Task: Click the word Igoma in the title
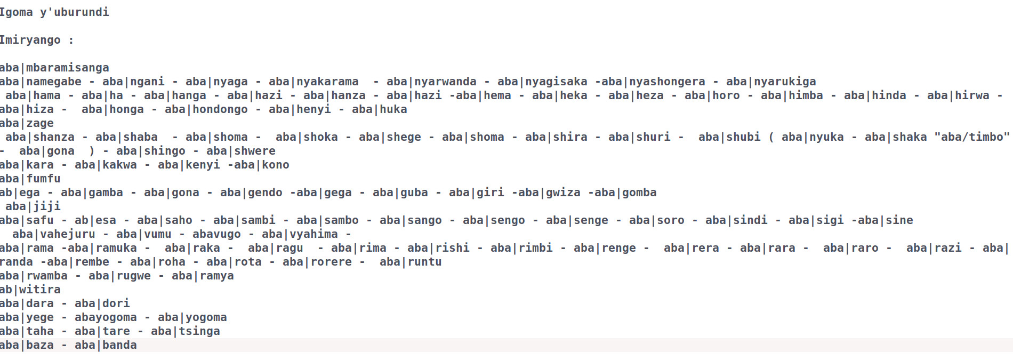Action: coord(16,12)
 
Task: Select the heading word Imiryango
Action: coord(30,40)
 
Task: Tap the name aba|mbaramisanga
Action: coord(54,68)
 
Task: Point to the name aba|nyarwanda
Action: coord(431,82)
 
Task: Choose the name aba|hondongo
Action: coord(206,109)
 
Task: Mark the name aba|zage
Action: coord(27,123)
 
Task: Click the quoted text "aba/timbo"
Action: coord(972,137)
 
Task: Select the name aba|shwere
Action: coord(241,151)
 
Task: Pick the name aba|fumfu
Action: coord(30,179)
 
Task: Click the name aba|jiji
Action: coord(33,206)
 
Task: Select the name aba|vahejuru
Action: coord(54,234)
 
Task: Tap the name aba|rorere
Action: coord(317,262)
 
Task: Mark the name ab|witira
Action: coord(30,290)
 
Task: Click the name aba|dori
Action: coord(102,303)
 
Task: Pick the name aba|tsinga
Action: coord(186,331)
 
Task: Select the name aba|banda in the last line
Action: coord(106,345)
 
